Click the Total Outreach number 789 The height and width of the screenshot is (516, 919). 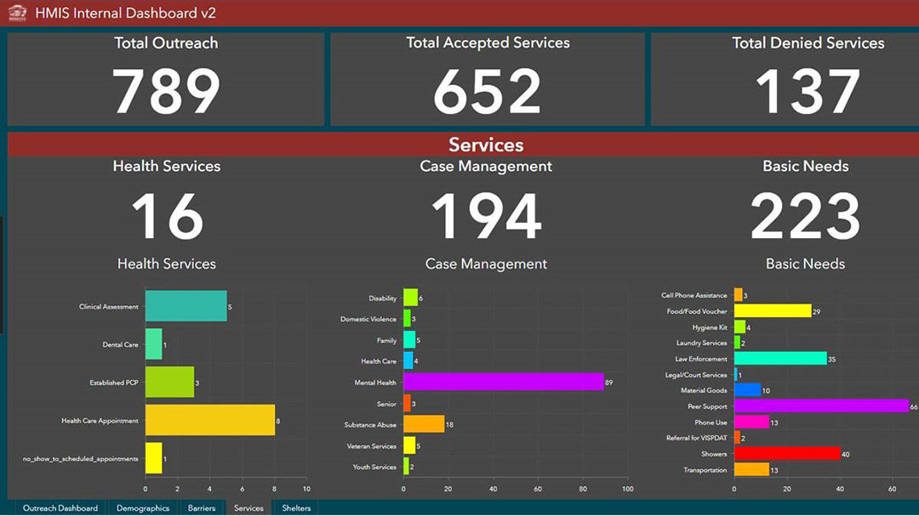coord(166,91)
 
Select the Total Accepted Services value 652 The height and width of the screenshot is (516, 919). coord(487,91)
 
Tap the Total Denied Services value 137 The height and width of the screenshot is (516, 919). coord(807,91)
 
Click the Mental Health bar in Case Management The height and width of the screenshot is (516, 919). coord(503,383)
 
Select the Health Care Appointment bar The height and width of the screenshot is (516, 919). coord(209,420)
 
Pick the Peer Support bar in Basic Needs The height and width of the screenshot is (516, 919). coord(821,406)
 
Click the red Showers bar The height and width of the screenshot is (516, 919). coord(786,454)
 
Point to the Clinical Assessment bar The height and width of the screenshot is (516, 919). coord(186,306)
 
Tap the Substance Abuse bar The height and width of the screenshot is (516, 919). coord(423,424)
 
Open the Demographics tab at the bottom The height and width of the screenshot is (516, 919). coord(143,508)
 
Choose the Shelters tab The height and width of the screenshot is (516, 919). coord(296,508)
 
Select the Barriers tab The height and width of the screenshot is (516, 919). coord(202,508)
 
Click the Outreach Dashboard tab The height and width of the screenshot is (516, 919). coord(60,508)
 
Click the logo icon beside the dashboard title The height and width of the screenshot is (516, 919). coord(18,14)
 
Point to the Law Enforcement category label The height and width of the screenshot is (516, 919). coord(701,359)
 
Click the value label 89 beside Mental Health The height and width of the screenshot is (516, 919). coord(609,383)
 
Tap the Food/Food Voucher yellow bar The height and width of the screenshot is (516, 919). coord(772,311)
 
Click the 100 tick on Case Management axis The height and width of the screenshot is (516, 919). coord(627,490)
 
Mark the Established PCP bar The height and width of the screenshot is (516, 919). coord(169,383)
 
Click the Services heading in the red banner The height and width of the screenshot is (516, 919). coord(486,145)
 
